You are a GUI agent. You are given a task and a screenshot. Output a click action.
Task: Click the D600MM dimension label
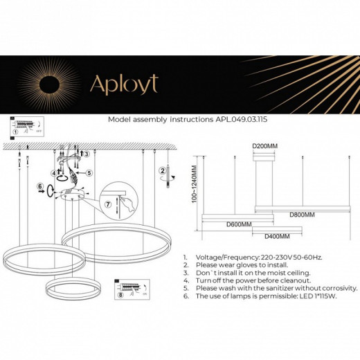click(x=238, y=224)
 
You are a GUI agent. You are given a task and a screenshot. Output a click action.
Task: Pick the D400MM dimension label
click(x=277, y=237)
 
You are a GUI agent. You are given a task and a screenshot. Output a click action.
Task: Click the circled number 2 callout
click(x=162, y=170)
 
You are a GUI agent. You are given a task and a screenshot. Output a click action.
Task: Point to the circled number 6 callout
click(x=40, y=187)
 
